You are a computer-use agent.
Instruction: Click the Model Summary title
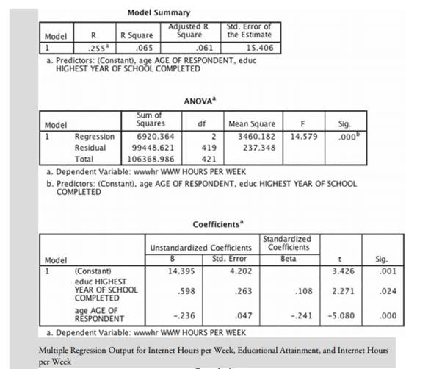158,12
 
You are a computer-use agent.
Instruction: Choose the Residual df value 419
206,147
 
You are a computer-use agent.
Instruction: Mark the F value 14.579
302,136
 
